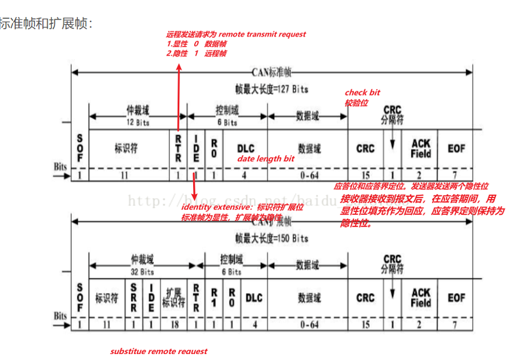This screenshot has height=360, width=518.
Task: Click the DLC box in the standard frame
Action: (246, 148)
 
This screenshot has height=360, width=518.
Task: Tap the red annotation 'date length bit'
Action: (266, 159)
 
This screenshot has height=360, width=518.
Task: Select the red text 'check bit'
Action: (363, 93)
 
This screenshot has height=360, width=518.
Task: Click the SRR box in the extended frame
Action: (134, 298)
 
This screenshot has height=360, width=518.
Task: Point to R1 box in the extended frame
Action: (214, 298)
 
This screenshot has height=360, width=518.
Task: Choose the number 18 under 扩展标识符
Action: (174, 324)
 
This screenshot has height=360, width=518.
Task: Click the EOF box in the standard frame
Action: (456, 148)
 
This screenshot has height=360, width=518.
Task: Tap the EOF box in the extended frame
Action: (456, 298)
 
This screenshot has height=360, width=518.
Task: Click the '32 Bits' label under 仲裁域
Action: (142, 272)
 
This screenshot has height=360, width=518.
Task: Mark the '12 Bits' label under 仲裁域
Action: (138, 123)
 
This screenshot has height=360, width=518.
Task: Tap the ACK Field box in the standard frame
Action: (421, 148)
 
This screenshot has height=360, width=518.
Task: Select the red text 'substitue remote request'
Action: (159, 351)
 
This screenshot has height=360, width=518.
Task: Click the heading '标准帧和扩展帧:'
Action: (45, 24)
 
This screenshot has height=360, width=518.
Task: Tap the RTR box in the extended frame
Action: (196, 298)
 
